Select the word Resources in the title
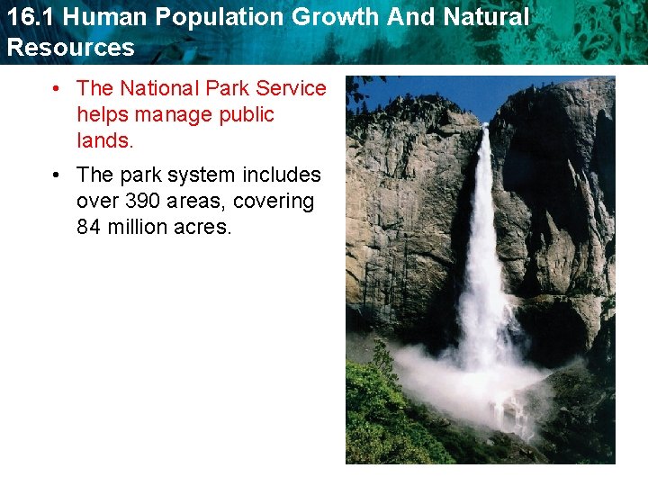point(71,48)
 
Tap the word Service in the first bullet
point(291,88)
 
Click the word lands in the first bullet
point(103,140)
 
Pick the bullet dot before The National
point(56,88)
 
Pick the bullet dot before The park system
point(56,175)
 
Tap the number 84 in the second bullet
point(88,227)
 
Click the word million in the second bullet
point(135,227)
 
